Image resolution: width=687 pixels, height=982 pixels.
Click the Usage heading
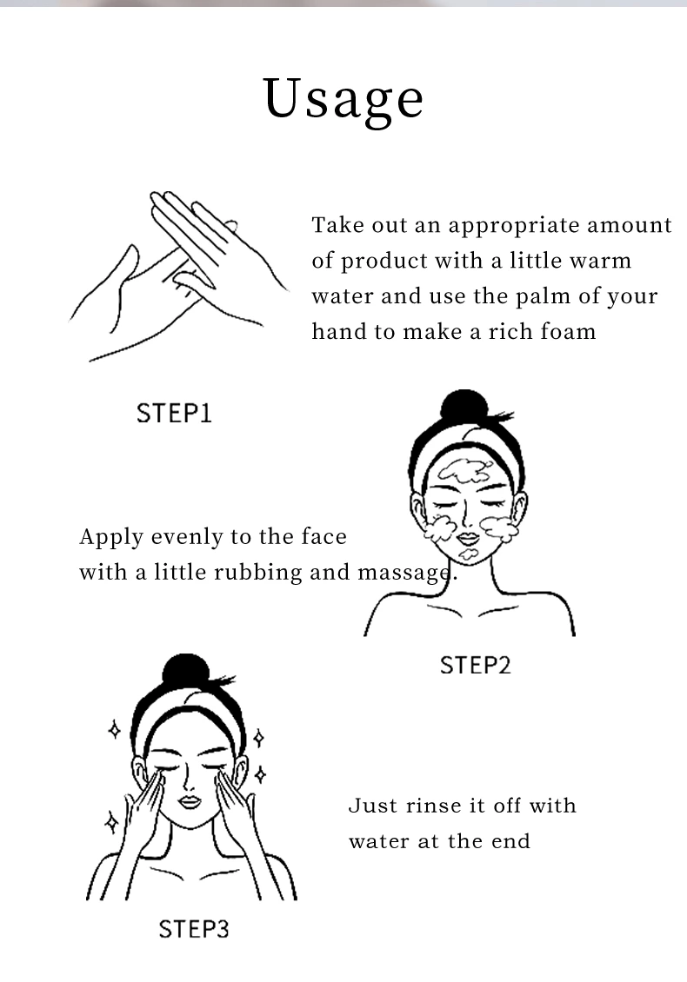343,100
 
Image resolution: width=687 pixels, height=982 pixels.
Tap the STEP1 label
174,414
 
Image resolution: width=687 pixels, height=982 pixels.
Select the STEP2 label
475,665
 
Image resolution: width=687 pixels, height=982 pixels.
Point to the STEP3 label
194,929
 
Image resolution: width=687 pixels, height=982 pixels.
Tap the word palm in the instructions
544,297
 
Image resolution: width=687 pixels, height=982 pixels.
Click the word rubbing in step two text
249,573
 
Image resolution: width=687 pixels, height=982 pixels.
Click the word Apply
111,538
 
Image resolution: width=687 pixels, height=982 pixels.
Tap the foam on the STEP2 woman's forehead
465,471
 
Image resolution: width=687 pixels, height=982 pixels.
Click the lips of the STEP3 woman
190,802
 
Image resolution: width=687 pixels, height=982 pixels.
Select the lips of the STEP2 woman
467,539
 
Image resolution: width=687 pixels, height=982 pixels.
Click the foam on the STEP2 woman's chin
469,554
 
